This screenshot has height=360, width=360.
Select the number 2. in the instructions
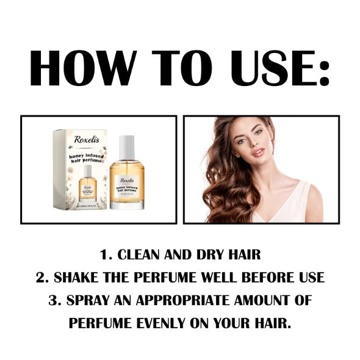pyautogui.click(x=42, y=277)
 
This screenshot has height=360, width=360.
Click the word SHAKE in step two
pyautogui.click(x=78, y=277)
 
